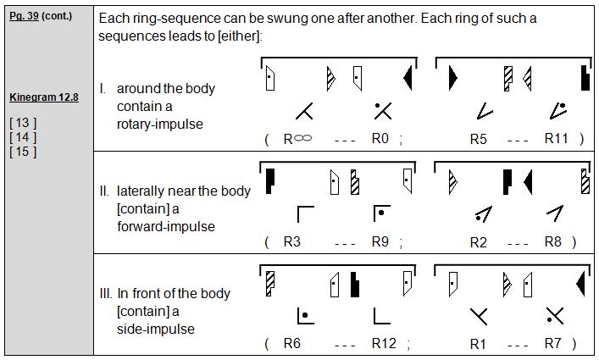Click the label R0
(x=380, y=138)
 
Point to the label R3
(x=292, y=241)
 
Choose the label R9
(x=380, y=241)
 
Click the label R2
(x=479, y=241)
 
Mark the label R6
(x=292, y=343)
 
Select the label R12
(x=384, y=343)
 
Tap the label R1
(x=479, y=343)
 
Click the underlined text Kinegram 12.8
(x=44, y=97)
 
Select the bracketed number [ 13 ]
(x=22, y=123)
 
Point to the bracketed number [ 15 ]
(x=22, y=152)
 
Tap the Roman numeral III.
(x=105, y=294)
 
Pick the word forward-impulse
(x=166, y=227)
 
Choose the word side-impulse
(x=156, y=330)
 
